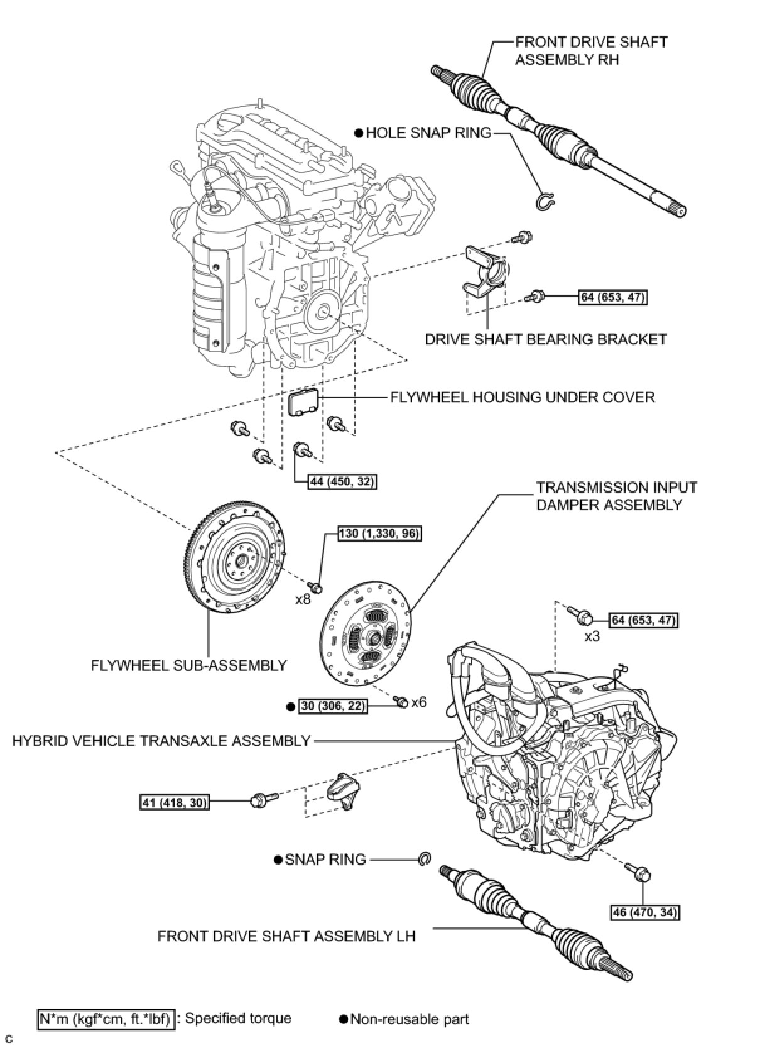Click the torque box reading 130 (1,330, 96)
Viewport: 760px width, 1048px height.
tap(379, 533)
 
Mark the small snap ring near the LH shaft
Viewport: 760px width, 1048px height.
tap(425, 858)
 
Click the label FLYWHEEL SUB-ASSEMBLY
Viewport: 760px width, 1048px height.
tap(188, 665)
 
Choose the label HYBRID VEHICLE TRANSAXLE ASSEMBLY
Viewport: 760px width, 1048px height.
tap(161, 741)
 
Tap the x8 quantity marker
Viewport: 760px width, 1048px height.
tap(303, 599)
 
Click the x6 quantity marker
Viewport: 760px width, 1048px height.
tap(419, 702)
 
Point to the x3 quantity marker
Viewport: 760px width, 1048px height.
tap(592, 636)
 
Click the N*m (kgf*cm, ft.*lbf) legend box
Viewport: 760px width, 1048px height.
tap(105, 1018)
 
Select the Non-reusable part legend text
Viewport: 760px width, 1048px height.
tap(409, 1019)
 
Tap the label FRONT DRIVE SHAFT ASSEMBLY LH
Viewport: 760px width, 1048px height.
tap(286, 936)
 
